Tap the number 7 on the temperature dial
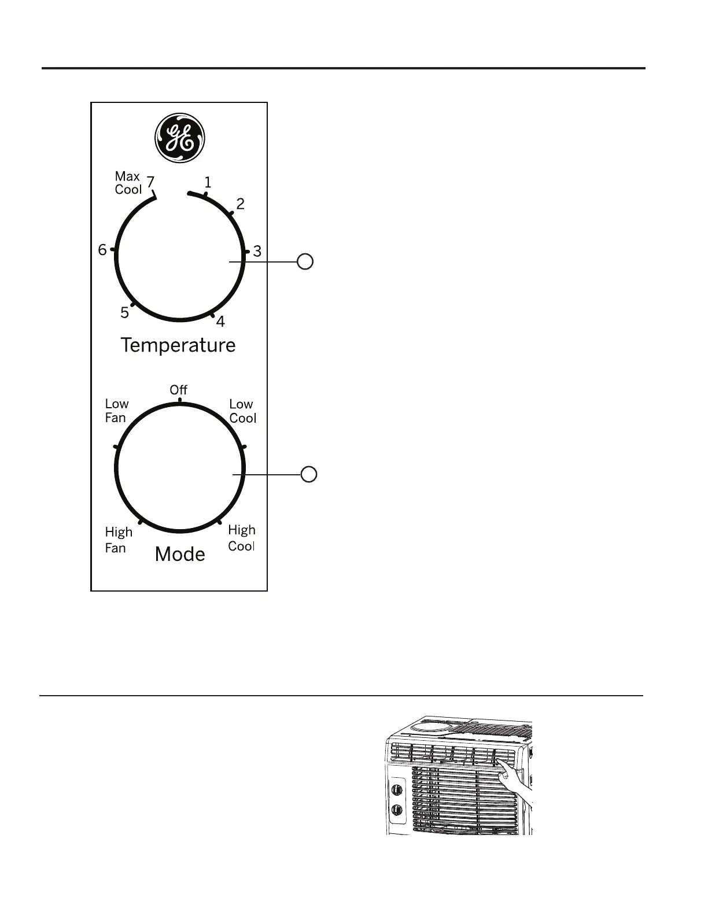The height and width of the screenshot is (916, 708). [150, 183]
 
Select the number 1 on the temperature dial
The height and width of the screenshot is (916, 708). [208, 183]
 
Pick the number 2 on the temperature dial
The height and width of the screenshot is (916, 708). [240, 204]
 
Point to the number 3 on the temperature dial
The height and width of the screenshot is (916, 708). [257, 252]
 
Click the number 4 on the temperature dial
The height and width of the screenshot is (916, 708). [220, 322]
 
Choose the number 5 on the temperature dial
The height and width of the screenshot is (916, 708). [125, 313]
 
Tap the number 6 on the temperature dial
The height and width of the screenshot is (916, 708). [102, 250]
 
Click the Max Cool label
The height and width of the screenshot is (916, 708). [128, 183]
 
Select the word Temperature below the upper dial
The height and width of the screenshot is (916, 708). [178, 345]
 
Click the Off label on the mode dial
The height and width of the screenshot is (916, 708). [179, 390]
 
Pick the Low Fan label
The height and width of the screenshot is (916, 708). [116, 411]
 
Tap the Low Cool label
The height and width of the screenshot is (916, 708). [242, 411]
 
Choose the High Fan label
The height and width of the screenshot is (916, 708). [118, 540]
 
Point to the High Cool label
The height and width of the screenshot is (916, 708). [241, 538]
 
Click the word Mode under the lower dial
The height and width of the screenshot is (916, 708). [180, 555]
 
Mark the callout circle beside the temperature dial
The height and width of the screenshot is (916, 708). [305, 261]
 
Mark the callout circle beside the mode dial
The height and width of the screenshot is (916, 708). [309, 474]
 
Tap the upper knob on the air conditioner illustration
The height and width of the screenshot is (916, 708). [397, 789]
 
